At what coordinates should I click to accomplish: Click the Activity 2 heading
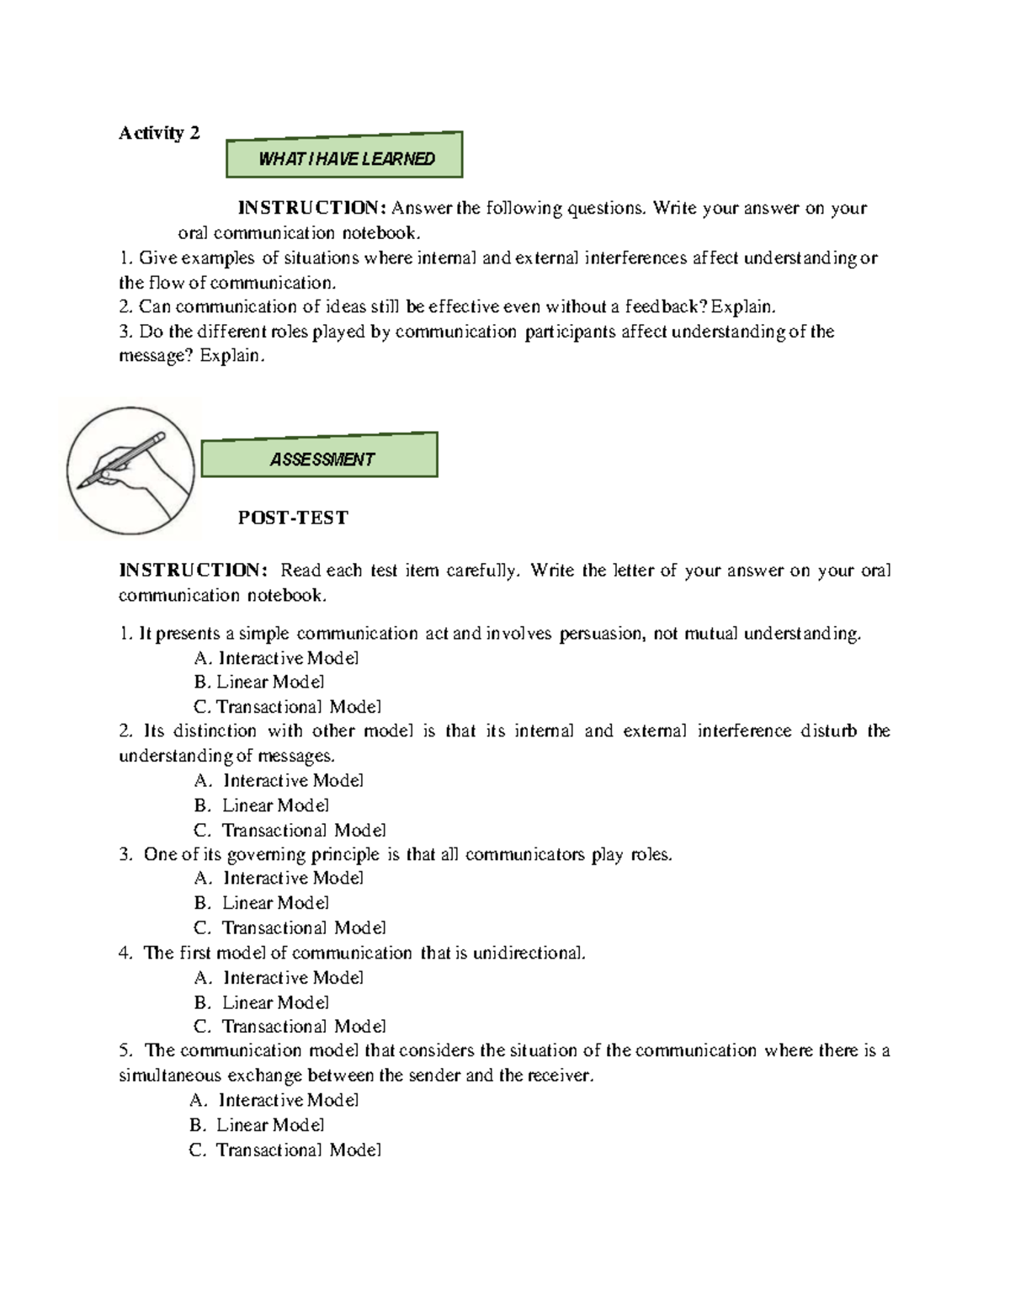[x=159, y=133]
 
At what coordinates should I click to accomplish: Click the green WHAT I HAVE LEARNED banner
[x=344, y=157]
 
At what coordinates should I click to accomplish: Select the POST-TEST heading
[x=293, y=518]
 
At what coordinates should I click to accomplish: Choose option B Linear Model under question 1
[x=259, y=683]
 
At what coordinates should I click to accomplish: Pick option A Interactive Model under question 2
[x=279, y=780]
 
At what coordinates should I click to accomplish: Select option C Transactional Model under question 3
[x=290, y=927]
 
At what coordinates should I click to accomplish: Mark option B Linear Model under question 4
[x=262, y=1002]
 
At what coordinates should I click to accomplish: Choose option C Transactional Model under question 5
[x=286, y=1150]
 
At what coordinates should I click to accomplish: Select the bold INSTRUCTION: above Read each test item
[x=193, y=571]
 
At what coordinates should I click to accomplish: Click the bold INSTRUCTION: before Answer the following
[x=312, y=208]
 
